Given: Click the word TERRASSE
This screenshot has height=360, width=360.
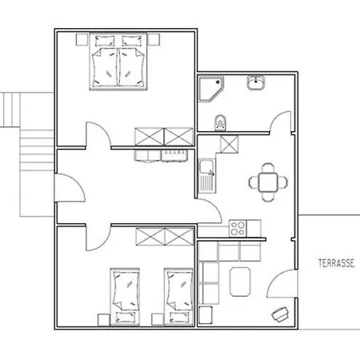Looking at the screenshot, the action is click(336, 263).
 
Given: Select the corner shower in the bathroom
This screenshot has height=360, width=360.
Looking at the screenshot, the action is click(211, 89).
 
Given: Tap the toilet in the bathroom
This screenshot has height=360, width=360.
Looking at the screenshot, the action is click(220, 122).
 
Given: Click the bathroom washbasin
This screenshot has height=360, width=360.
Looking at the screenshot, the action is click(256, 82).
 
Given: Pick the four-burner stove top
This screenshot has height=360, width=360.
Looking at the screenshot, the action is click(238, 229).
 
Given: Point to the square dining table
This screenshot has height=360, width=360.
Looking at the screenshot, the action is click(268, 182).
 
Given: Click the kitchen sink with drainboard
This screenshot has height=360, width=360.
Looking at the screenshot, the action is click(208, 175).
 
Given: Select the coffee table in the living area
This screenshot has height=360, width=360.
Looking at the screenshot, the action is click(240, 282).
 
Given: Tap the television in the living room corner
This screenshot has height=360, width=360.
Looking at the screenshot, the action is click(280, 314).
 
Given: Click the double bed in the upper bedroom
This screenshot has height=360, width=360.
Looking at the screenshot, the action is click(118, 61).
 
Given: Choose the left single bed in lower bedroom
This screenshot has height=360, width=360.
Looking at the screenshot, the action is click(125, 297).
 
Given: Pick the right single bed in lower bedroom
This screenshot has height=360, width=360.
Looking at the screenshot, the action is click(179, 297).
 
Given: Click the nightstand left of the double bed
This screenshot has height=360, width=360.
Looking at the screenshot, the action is click(82, 39).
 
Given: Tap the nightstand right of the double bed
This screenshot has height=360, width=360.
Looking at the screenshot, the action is click(154, 39).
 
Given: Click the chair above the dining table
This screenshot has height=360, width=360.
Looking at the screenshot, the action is click(268, 168).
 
